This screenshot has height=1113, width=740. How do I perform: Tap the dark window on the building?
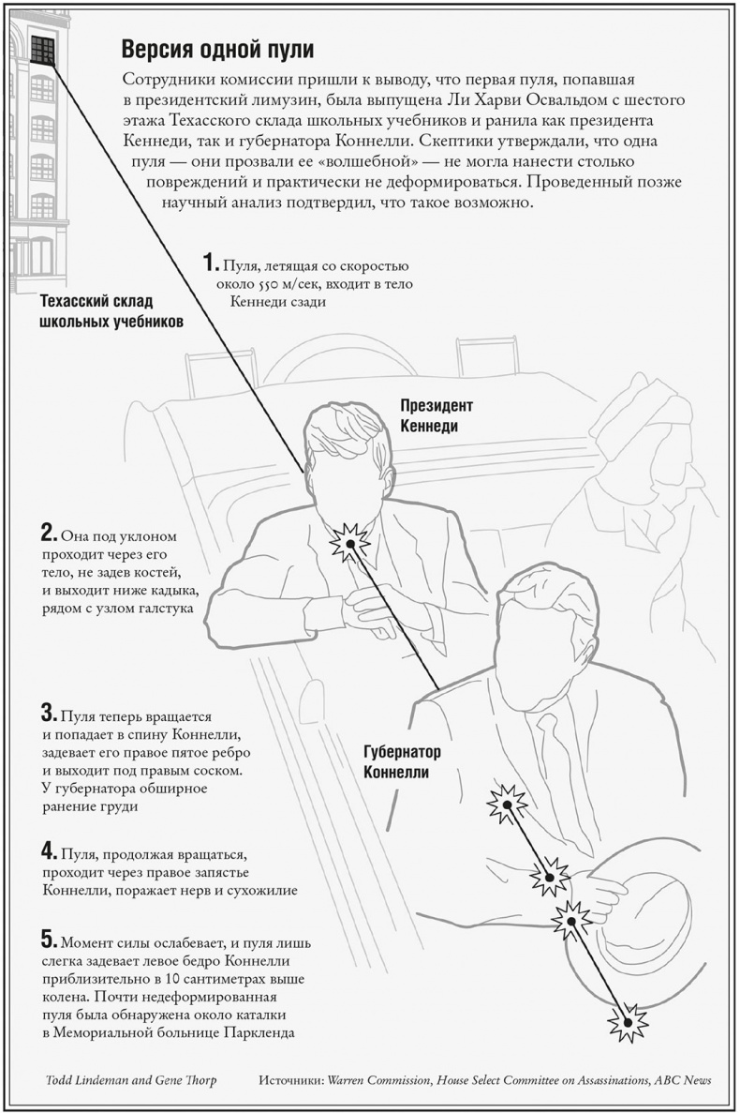click(x=43, y=48)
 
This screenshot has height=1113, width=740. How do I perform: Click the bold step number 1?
click(x=212, y=263)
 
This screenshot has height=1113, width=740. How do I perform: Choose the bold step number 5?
click(x=49, y=939)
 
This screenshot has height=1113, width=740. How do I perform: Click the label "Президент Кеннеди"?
click(x=437, y=416)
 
